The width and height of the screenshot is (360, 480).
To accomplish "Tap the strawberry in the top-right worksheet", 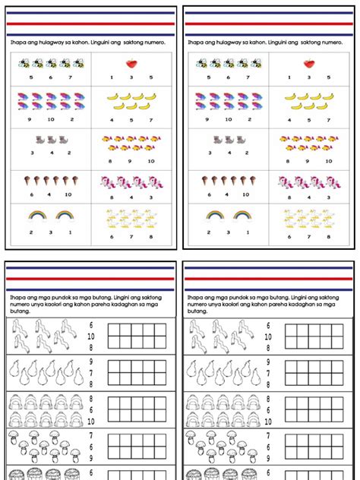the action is (310, 63).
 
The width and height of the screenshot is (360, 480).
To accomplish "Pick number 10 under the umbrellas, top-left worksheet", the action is (51, 118).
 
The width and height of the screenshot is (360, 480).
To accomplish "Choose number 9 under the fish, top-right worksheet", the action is (309, 160).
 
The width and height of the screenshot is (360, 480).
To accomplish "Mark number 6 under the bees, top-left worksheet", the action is (51, 77).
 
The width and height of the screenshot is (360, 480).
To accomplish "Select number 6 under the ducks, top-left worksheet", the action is (110, 235).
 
